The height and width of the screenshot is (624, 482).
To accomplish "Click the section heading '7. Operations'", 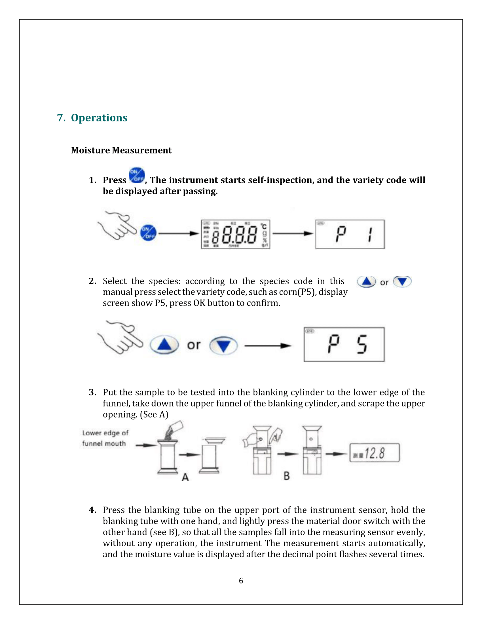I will click(92, 118).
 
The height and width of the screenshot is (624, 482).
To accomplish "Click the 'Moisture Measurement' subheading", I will click(121, 150).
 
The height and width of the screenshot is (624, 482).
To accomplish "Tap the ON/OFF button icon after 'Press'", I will click(137, 175).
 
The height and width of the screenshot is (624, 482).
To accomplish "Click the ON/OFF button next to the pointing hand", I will click(148, 233).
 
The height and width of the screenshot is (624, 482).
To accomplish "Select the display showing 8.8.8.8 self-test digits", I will click(236, 234).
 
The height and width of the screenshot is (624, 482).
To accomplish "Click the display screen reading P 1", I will click(350, 234).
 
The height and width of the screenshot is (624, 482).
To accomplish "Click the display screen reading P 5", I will click(344, 344).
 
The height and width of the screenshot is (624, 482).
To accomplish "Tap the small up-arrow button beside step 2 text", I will click(366, 282).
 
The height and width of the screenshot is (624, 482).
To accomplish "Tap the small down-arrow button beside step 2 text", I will click(402, 282).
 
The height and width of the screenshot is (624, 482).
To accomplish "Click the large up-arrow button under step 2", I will click(164, 345).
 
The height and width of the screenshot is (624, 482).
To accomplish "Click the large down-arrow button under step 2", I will click(223, 346).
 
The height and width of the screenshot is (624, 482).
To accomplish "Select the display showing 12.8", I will click(374, 453).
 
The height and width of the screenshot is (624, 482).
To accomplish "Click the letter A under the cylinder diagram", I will click(185, 477).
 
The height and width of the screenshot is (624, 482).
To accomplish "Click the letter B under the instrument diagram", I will click(286, 476).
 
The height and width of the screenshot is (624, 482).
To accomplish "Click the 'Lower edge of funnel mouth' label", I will click(105, 438).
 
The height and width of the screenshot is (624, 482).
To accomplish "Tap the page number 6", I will click(241, 581).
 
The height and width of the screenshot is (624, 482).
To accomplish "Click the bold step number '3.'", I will click(92, 392).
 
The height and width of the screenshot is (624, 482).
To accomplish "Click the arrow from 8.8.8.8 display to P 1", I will click(293, 233).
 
